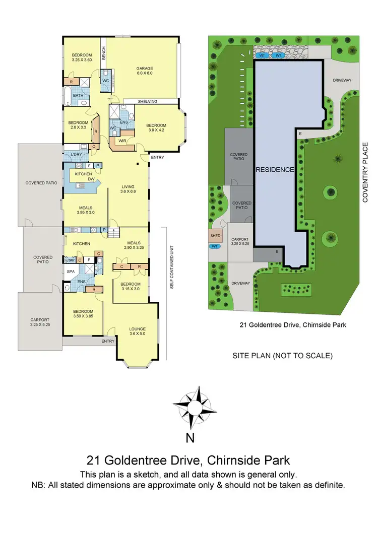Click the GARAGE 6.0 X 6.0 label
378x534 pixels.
pos(144,71)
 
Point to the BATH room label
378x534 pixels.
pos(78,95)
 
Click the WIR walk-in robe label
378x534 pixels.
pos(121,141)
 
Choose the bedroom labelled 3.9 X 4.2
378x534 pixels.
pos(156,128)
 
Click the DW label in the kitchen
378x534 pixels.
pos(91,179)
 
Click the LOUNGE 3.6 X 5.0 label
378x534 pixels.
pos(137,330)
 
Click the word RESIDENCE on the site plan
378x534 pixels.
pos(274,170)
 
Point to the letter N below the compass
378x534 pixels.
pos(190,438)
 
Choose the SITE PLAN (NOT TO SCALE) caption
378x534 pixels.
pos(282,355)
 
